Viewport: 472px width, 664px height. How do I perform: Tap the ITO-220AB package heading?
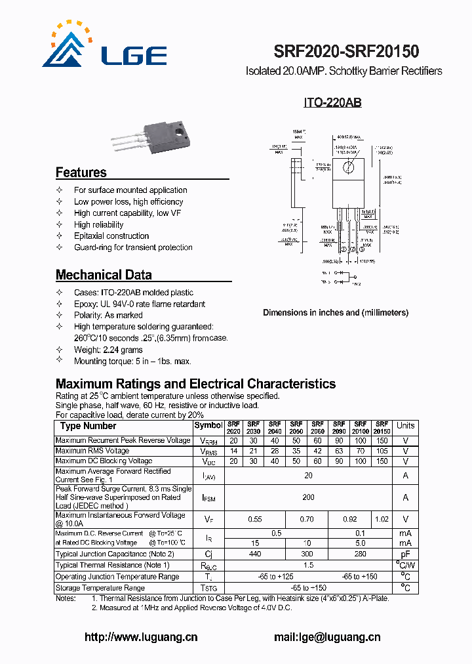pyautogui.click(x=332, y=103)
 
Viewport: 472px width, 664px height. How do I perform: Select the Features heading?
pyautogui.click(x=81, y=173)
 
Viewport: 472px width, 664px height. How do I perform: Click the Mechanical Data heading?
pyautogui.click(x=104, y=275)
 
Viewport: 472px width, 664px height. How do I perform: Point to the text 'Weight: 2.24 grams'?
pyautogui.click(x=108, y=350)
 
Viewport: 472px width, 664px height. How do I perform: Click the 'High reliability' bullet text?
pyautogui.click(x=98, y=224)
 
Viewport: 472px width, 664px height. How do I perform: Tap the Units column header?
pyautogui.click(x=405, y=426)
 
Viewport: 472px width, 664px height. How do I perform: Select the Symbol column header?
pyautogui.click(x=208, y=426)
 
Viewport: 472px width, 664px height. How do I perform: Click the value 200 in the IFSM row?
pyautogui.click(x=308, y=497)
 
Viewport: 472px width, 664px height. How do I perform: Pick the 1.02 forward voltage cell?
pyautogui.click(x=382, y=519)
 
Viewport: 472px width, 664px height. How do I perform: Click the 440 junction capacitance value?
pyautogui.click(x=255, y=554)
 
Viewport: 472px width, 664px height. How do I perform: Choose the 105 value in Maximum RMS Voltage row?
pyautogui.click(x=382, y=451)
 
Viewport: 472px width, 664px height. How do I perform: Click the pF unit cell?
pyautogui.click(x=405, y=554)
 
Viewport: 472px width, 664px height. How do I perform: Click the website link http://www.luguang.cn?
pyautogui.click(x=141, y=636)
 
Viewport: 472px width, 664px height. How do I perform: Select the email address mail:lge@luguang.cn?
pyautogui.click(x=326, y=636)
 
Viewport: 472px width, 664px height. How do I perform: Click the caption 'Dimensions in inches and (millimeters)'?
pyautogui.click(x=336, y=312)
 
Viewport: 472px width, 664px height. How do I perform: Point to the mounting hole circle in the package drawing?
pyautogui.click(x=349, y=168)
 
